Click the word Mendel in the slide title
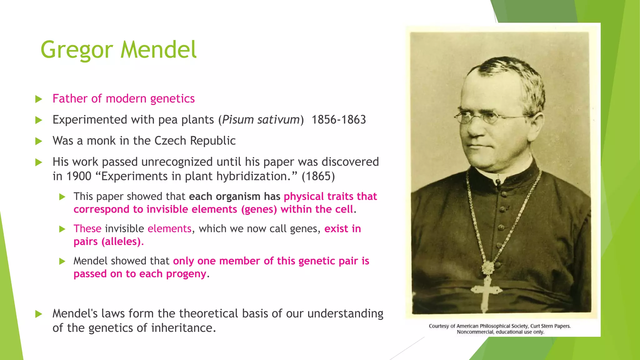(158, 49)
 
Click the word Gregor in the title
(77, 50)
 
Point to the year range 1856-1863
(338, 120)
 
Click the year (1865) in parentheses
(318, 176)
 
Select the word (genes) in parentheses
(259, 209)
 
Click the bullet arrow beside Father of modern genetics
(39, 99)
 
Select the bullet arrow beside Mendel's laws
(39, 314)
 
